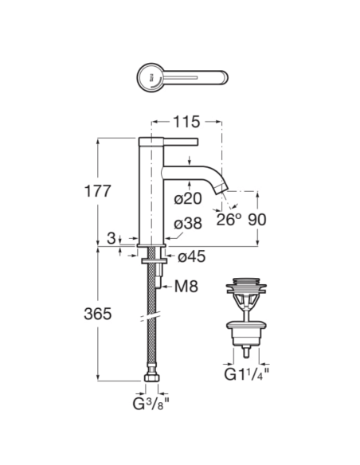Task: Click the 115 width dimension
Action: (x=186, y=122)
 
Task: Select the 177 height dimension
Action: (x=97, y=191)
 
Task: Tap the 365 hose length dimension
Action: (x=97, y=314)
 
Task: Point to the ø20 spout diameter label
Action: (x=188, y=198)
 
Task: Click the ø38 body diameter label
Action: (x=188, y=223)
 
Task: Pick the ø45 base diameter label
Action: (x=191, y=256)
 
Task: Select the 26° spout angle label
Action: (x=229, y=220)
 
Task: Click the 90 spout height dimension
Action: (x=256, y=220)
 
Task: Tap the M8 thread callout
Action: (x=186, y=287)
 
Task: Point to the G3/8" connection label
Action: (x=151, y=403)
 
